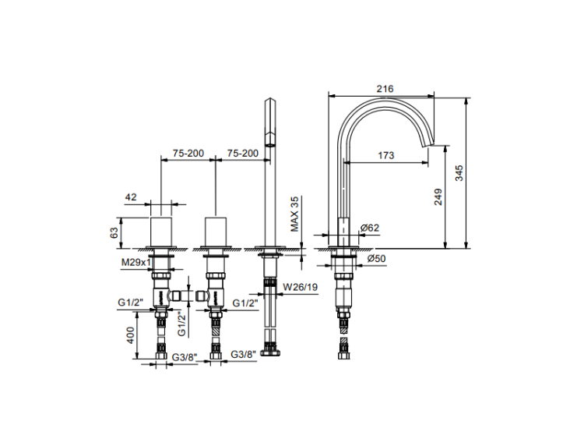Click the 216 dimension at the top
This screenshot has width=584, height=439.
click(385, 89)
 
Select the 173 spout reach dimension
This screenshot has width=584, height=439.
click(386, 155)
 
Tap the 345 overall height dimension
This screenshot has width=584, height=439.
click(459, 173)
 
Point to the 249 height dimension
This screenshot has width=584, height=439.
click(438, 196)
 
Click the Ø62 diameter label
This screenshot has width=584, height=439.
click(370, 228)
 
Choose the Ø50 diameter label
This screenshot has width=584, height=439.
click(377, 258)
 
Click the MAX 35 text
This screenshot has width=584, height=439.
click(294, 214)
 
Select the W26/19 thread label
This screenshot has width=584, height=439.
click(301, 287)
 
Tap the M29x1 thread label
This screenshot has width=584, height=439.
click(136, 262)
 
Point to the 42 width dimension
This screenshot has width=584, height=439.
click(131, 196)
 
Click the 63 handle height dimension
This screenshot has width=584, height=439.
click(114, 232)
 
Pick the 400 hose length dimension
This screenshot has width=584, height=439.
click(130, 335)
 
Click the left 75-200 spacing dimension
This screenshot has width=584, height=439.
click(188, 153)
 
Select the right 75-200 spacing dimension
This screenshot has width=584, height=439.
click(243, 153)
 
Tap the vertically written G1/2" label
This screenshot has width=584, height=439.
click(181, 324)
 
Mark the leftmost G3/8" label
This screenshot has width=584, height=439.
click(185, 357)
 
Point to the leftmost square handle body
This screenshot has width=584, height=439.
click(161, 232)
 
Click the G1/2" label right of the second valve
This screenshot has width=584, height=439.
click(245, 303)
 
